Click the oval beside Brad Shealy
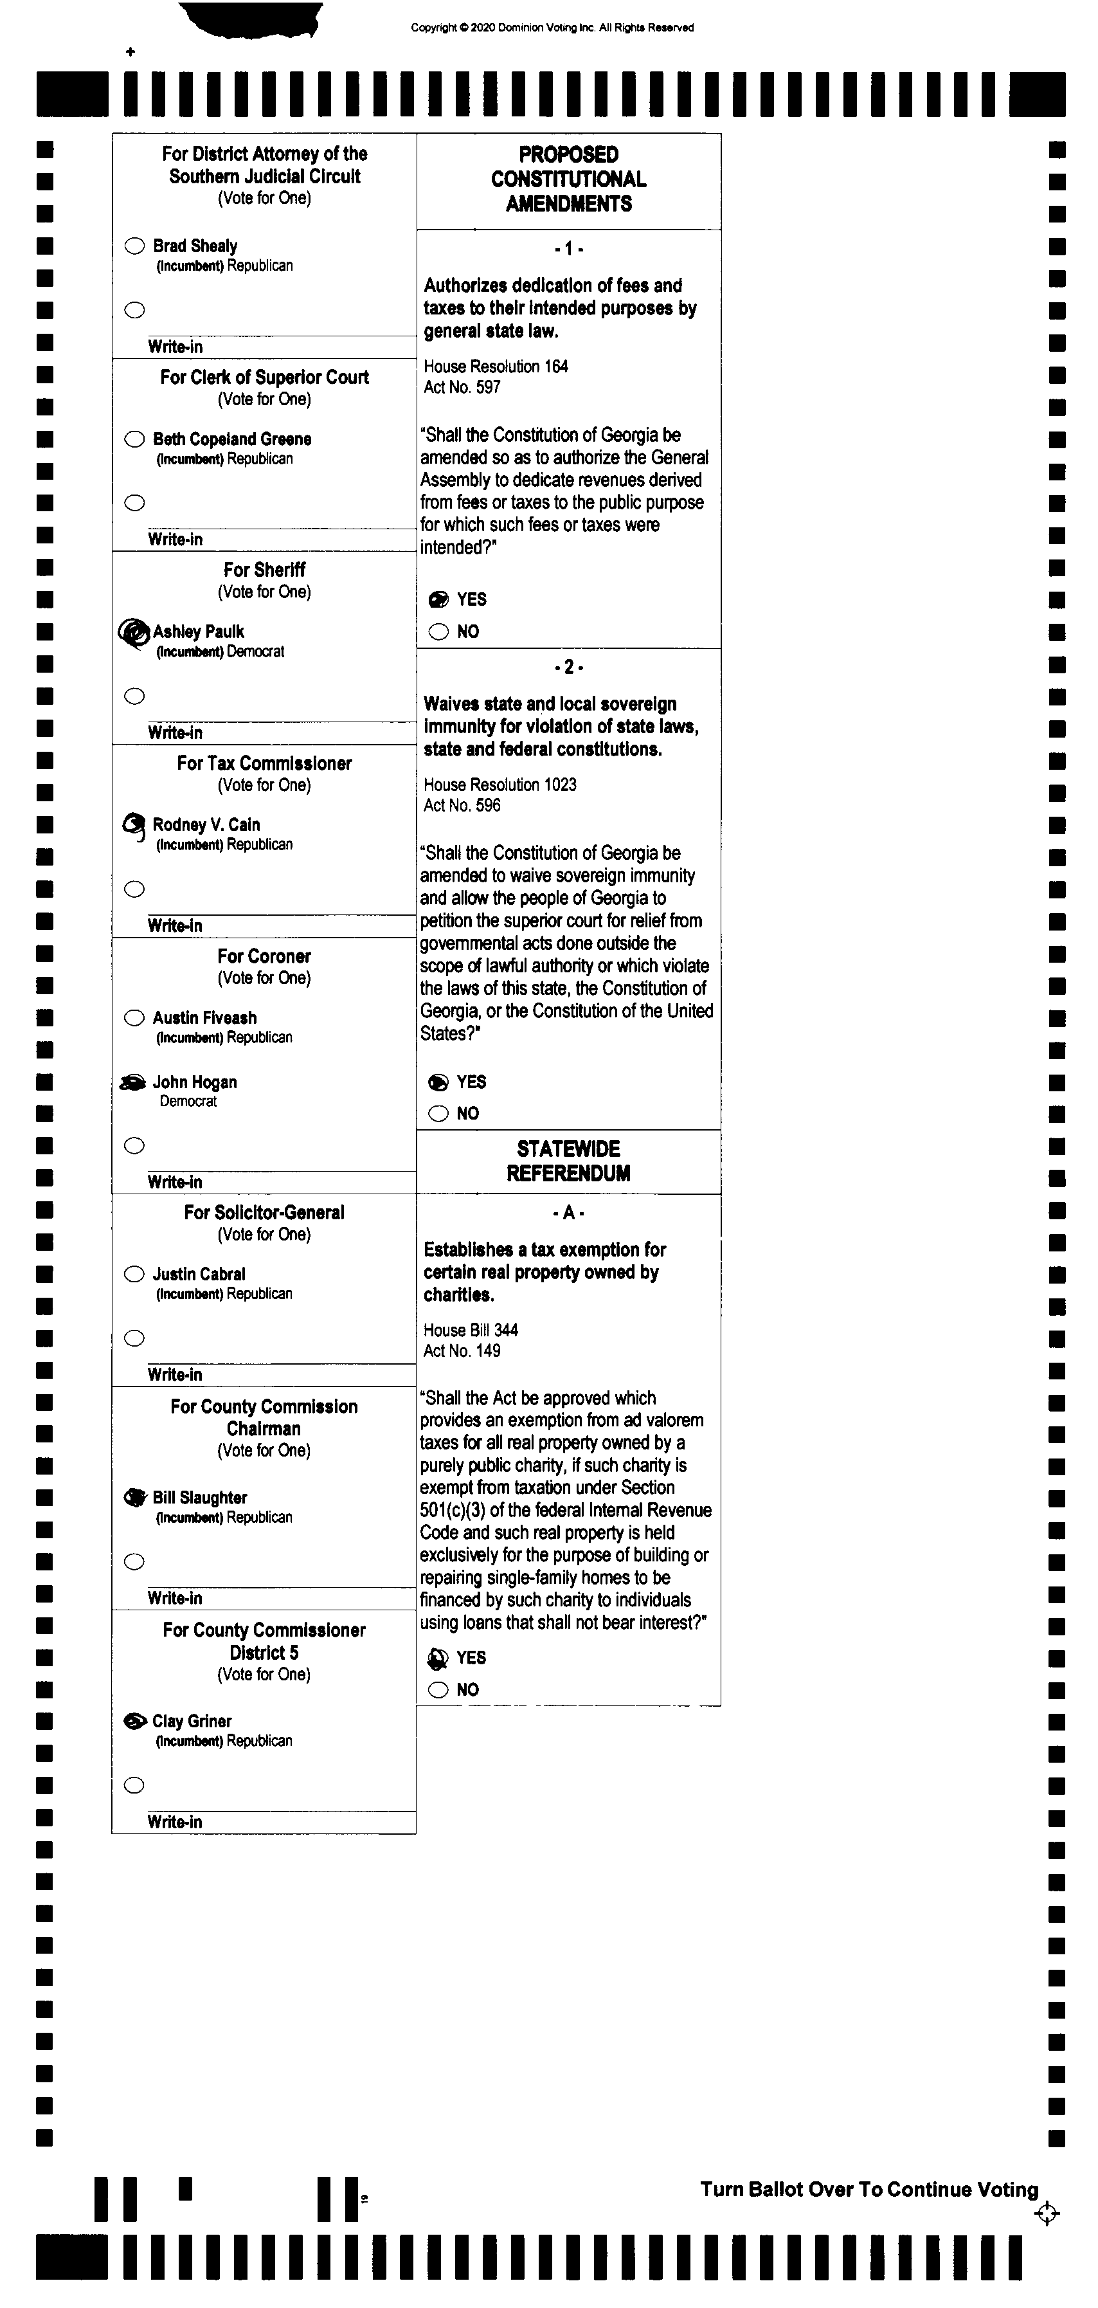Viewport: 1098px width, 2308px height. click(134, 246)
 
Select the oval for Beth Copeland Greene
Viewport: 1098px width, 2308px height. click(134, 439)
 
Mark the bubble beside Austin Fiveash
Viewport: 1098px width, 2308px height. click(134, 1018)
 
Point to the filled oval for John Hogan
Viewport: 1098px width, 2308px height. click(134, 1082)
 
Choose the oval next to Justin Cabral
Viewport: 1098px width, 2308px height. click(134, 1274)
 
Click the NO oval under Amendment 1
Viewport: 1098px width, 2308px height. click(438, 632)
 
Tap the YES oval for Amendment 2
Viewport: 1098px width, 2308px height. click(438, 1082)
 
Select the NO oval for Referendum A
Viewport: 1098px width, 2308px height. click(438, 1690)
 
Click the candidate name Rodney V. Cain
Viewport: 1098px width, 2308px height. click(206, 824)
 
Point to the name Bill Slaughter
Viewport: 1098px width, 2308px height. click(200, 1497)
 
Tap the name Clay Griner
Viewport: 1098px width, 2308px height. click(192, 1721)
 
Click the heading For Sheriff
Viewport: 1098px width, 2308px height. click(264, 570)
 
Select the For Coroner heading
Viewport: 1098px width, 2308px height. click(264, 956)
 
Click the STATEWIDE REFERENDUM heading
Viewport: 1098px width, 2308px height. click(569, 1161)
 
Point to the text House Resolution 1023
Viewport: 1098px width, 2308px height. click(500, 785)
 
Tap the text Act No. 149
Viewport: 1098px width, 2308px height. click(462, 1351)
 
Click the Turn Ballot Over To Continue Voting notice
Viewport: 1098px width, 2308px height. click(869, 2189)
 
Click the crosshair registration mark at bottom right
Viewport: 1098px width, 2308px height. click(1046, 2214)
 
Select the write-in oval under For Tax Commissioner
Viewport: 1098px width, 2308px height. click(134, 889)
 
